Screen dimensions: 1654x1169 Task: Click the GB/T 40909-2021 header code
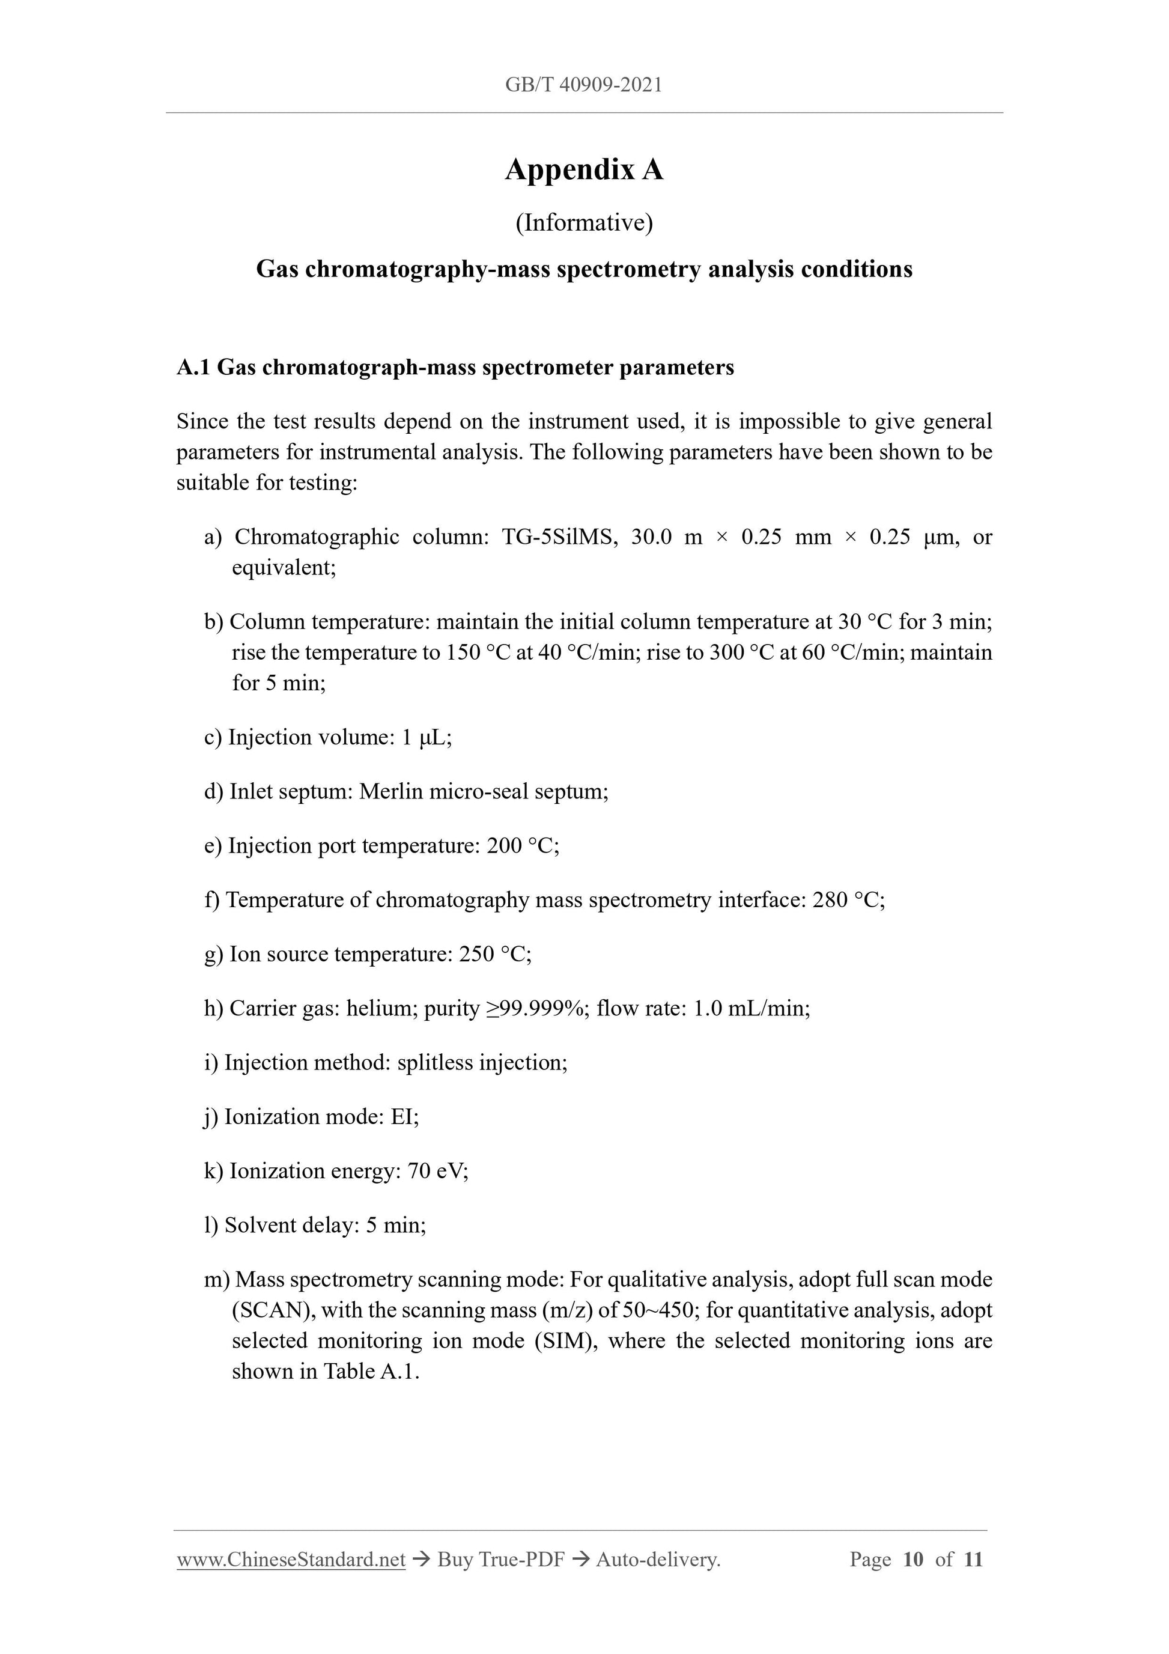click(583, 85)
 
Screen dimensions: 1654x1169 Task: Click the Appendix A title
click(583, 170)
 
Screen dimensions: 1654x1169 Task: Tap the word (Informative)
click(584, 223)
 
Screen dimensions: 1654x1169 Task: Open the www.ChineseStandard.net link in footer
click(291, 1560)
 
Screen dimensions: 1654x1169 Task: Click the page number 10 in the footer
click(912, 1560)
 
